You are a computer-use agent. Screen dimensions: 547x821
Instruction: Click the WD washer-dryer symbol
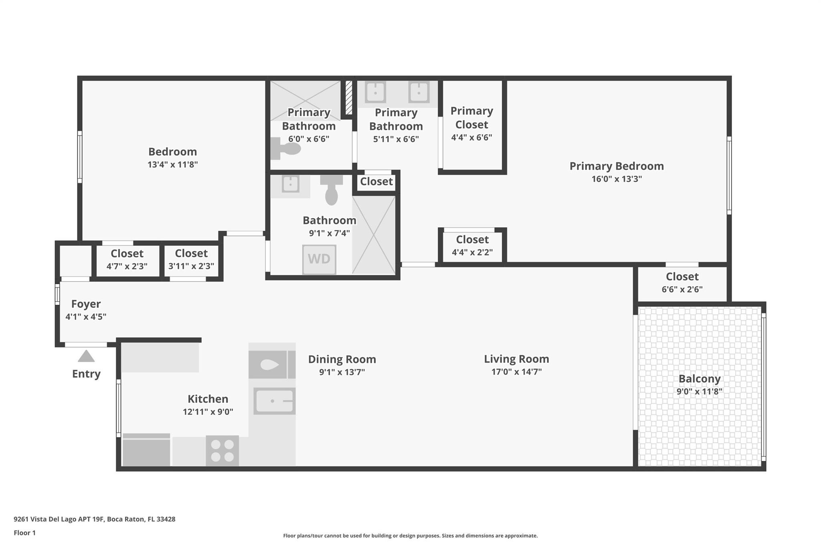click(x=319, y=259)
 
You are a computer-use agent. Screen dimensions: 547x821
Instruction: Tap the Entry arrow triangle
click(x=86, y=356)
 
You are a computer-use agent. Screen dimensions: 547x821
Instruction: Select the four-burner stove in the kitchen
click(x=222, y=451)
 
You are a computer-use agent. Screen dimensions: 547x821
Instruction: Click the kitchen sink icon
click(x=275, y=401)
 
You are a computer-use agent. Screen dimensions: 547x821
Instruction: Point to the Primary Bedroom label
click(x=616, y=166)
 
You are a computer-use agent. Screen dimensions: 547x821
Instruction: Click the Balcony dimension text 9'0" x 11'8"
click(x=699, y=392)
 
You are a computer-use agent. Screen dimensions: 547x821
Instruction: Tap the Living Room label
click(x=516, y=359)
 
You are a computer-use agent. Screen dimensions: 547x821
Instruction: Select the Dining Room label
click(x=342, y=359)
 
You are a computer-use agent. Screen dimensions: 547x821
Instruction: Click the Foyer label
click(x=86, y=304)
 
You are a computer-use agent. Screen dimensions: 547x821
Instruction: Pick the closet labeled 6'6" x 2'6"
click(x=682, y=283)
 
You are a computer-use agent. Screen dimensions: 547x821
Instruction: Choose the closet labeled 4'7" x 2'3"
click(x=127, y=259)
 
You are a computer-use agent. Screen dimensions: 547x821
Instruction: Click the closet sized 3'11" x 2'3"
click(x=191, y=259)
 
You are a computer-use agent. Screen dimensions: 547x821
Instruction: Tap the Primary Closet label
click(x=471, y=117)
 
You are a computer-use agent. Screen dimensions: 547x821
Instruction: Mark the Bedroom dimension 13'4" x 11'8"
click(x=172, y=164)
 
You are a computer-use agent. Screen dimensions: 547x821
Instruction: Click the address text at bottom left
click(x=95, y=519)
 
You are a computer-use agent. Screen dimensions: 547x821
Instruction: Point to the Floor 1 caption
click(x=24, y=533)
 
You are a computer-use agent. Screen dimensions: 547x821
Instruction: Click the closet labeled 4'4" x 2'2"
click(x=472, y=245)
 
